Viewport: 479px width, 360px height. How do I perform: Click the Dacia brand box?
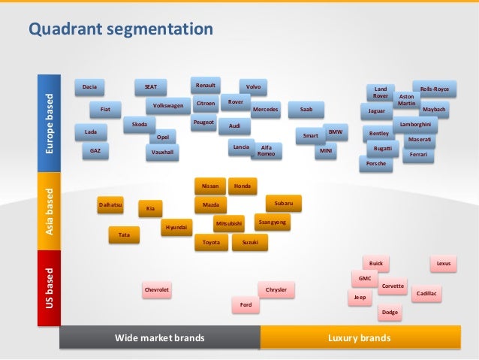click(89, 88)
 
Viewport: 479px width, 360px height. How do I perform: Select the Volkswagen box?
click(167, 106)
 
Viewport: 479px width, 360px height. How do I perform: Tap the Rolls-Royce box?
click(435, 89)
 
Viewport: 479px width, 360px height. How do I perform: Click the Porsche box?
click(375, 163)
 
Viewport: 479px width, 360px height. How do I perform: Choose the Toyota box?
click(211, 243)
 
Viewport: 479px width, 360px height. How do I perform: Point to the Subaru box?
click(284, 203)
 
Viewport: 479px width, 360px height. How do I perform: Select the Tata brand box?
click(125, 235)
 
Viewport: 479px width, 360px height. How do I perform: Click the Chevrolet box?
click(157, 289)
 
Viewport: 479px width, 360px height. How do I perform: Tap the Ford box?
click(246, 304)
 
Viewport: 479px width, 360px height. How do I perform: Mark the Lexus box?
click(444, 264)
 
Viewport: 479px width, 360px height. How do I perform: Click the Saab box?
click(306, 110)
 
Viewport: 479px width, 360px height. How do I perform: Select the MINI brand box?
click(326, 151)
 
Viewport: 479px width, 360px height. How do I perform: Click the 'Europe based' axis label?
click(50, 125)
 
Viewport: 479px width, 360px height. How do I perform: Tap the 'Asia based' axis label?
click(50, 211)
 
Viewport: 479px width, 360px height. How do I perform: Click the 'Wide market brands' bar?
click(159, 338)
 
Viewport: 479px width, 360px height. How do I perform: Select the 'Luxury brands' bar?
click(359, 338)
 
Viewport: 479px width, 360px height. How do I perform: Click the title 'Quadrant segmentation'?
click(121, 29)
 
